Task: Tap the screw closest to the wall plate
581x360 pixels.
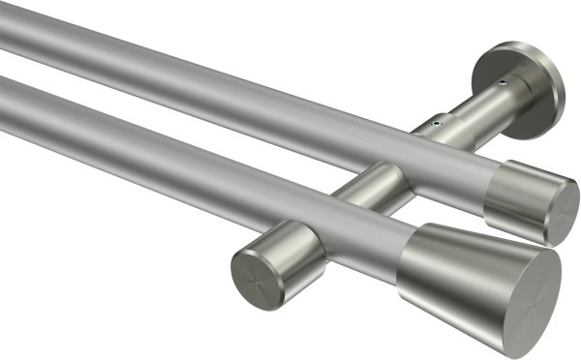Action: click(502, 85)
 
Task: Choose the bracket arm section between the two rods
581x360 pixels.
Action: click(378, 178)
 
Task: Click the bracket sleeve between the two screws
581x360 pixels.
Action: click(470, 106)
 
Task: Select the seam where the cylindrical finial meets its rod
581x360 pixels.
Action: click(488, 189)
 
